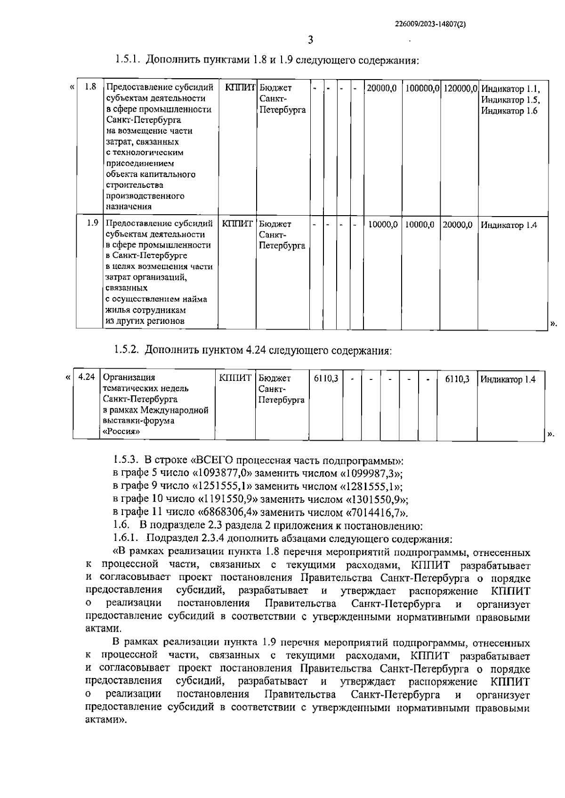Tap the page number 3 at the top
tap(310, 40)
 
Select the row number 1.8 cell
tap(90, 87)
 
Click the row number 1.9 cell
tap(92, 223)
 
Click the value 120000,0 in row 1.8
tap(460, 88)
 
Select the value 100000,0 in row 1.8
tap(422, 88)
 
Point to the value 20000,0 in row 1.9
tap(457, 225)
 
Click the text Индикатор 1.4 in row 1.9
tap(508, 225)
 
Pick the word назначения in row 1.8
tap(129, 206)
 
